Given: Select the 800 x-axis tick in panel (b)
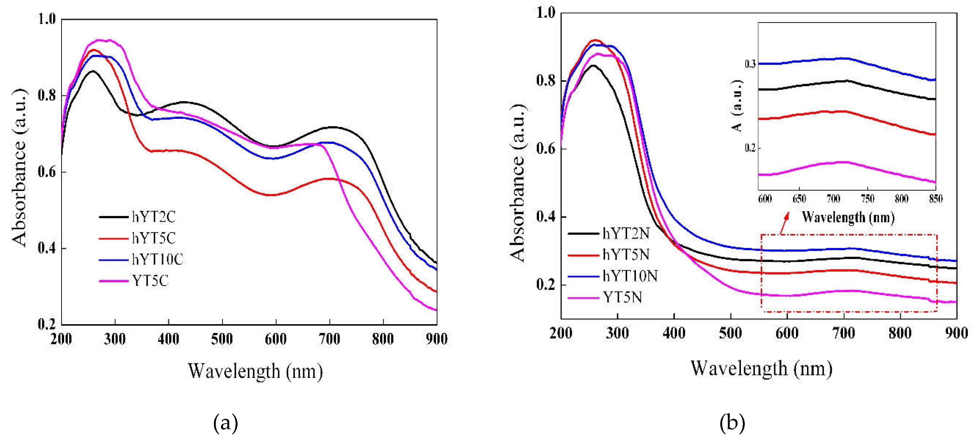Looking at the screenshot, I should [x=900, y=333].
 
